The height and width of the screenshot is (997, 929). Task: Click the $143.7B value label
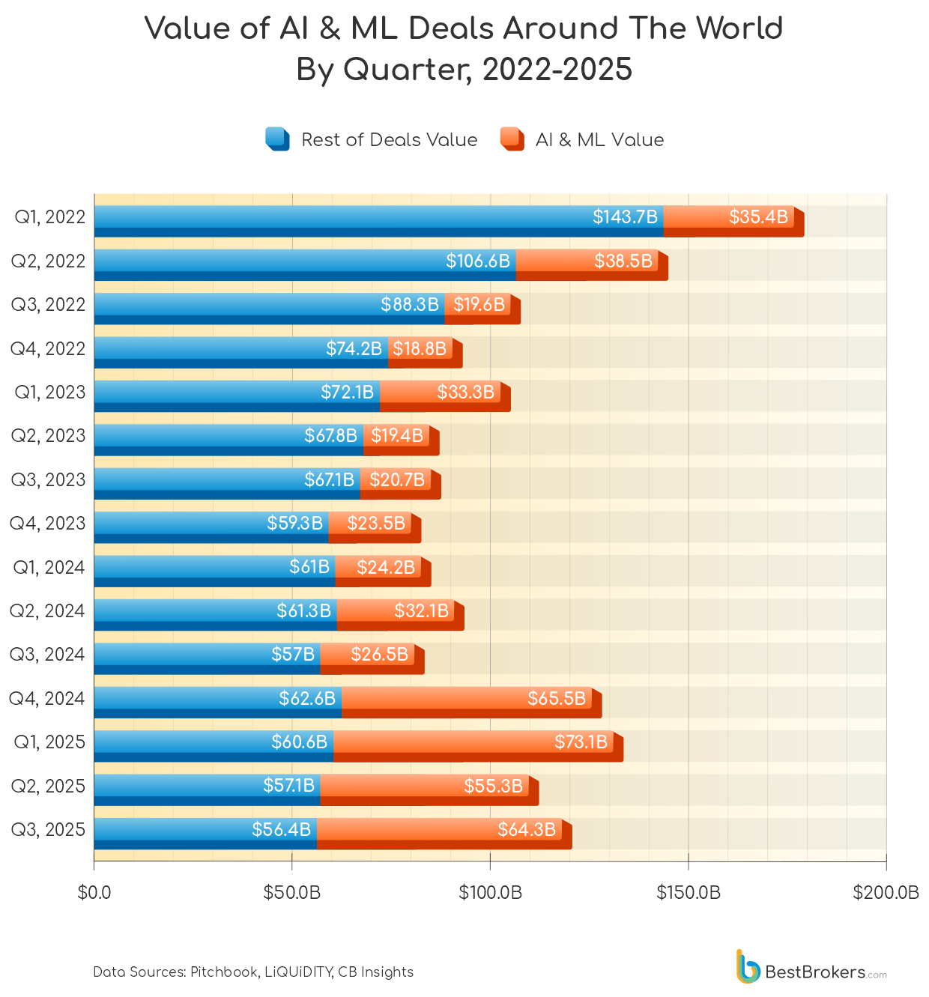[x=625, y=217]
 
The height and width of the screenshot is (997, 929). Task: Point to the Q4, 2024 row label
[x=47, y=699]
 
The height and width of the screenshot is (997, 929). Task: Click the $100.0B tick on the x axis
[x=490, y=893]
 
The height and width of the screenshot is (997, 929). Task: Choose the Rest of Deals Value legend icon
[x=277, y=139]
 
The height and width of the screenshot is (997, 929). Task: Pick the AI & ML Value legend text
[x=599, y=140]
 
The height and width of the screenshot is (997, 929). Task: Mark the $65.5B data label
[x=557, y=699]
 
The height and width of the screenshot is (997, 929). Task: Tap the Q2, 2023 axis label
[x=48, y=436]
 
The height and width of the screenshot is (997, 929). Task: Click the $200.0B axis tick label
[x=886, y=893]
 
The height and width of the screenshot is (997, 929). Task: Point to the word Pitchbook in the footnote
[x=223, y=972]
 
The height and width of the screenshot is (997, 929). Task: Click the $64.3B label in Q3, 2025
[x=527, y=829]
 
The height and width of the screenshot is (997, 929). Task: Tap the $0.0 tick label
[x=94, y=893]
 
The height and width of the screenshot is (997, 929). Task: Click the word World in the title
[x=739, y=28]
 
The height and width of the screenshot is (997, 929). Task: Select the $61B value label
[x=309, y=567]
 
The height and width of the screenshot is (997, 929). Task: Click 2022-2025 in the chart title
[x=557, y=70]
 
